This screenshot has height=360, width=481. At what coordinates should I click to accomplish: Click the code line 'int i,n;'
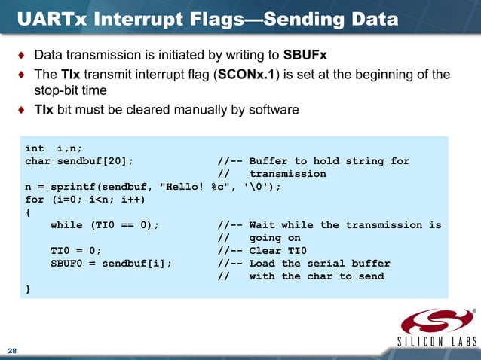coord(54,148)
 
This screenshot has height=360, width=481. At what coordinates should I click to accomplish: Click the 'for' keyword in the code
coord(35,200)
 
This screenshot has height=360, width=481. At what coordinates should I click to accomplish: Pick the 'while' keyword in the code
coord(66,225)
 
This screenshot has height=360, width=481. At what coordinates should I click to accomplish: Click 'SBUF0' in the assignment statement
coord(66,264)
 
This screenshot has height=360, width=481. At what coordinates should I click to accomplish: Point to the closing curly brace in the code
coord(29,289)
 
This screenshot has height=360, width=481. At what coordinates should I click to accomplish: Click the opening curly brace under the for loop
coord(29,212)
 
